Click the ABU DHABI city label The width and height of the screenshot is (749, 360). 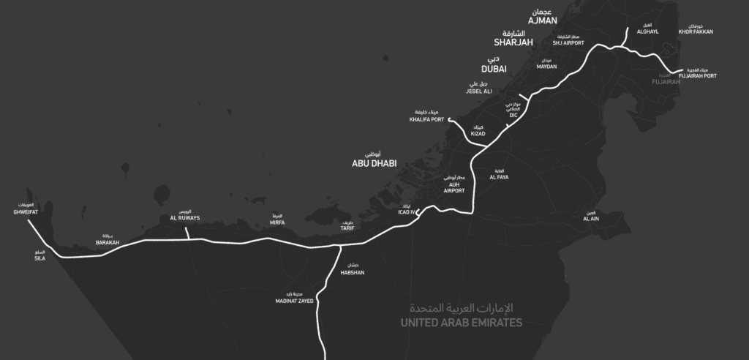pyautogui.click(x=374, y=165)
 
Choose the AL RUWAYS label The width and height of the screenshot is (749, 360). pyautogui.click(x=184, y=218)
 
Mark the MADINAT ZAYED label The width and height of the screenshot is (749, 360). pyautogui.click(x=294, y=301)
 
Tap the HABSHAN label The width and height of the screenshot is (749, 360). pyautogui.click(x=353, y=273)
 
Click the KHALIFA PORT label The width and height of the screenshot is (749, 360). pyautogui.click(x=426, y=119)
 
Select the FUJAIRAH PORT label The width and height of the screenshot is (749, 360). pyautogui.click(x=698, y=75)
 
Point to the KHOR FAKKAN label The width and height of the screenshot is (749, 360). pyautogui.click(x=696, y=32)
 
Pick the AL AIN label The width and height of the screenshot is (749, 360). pyautogui.click(x=590, y=219)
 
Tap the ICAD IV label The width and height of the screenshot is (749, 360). pyautogui.click(x=406, y=212)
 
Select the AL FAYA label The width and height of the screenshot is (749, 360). pyautogui.click(x=499, y=177)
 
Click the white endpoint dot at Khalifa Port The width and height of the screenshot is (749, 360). pyautogui.click(x=449, y=120)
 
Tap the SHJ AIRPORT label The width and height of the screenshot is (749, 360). pyautogui.click(x=568, y=43)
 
